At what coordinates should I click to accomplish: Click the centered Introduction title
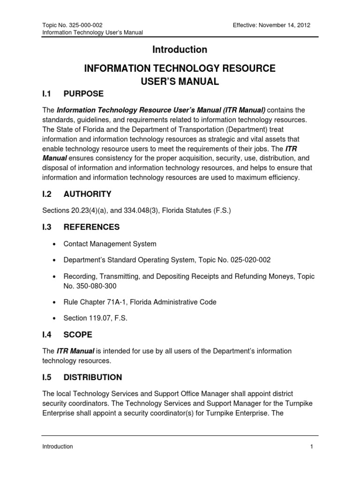[180, 49]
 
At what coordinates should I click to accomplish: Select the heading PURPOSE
[83, 94]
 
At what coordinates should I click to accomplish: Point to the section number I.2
[47, 194]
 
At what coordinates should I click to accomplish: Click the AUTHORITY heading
[87, 194]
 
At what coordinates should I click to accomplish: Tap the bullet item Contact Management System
[110, 244]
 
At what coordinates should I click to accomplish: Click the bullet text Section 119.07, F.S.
[95, 318]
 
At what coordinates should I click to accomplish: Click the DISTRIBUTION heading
[93, 377]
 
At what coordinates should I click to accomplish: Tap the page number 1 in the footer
[311, 447]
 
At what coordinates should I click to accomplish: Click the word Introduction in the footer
[57, 447]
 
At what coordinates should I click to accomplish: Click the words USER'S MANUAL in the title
[180, 82]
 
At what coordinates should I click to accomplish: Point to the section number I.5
[47, 377]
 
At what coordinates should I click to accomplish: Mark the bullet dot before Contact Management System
[55, 244]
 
